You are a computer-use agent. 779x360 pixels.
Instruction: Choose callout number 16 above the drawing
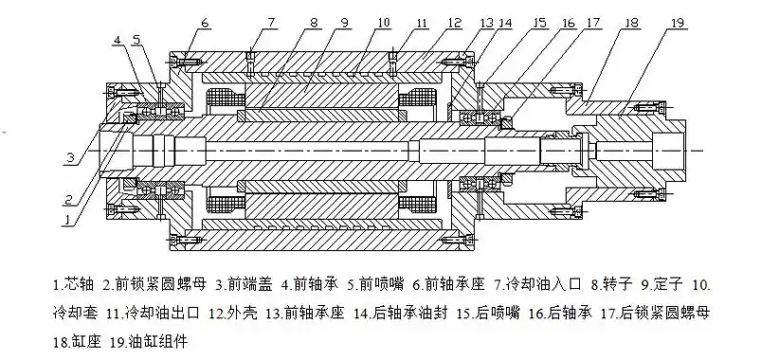coord(567,21)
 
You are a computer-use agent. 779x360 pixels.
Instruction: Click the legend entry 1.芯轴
coord(79,284)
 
